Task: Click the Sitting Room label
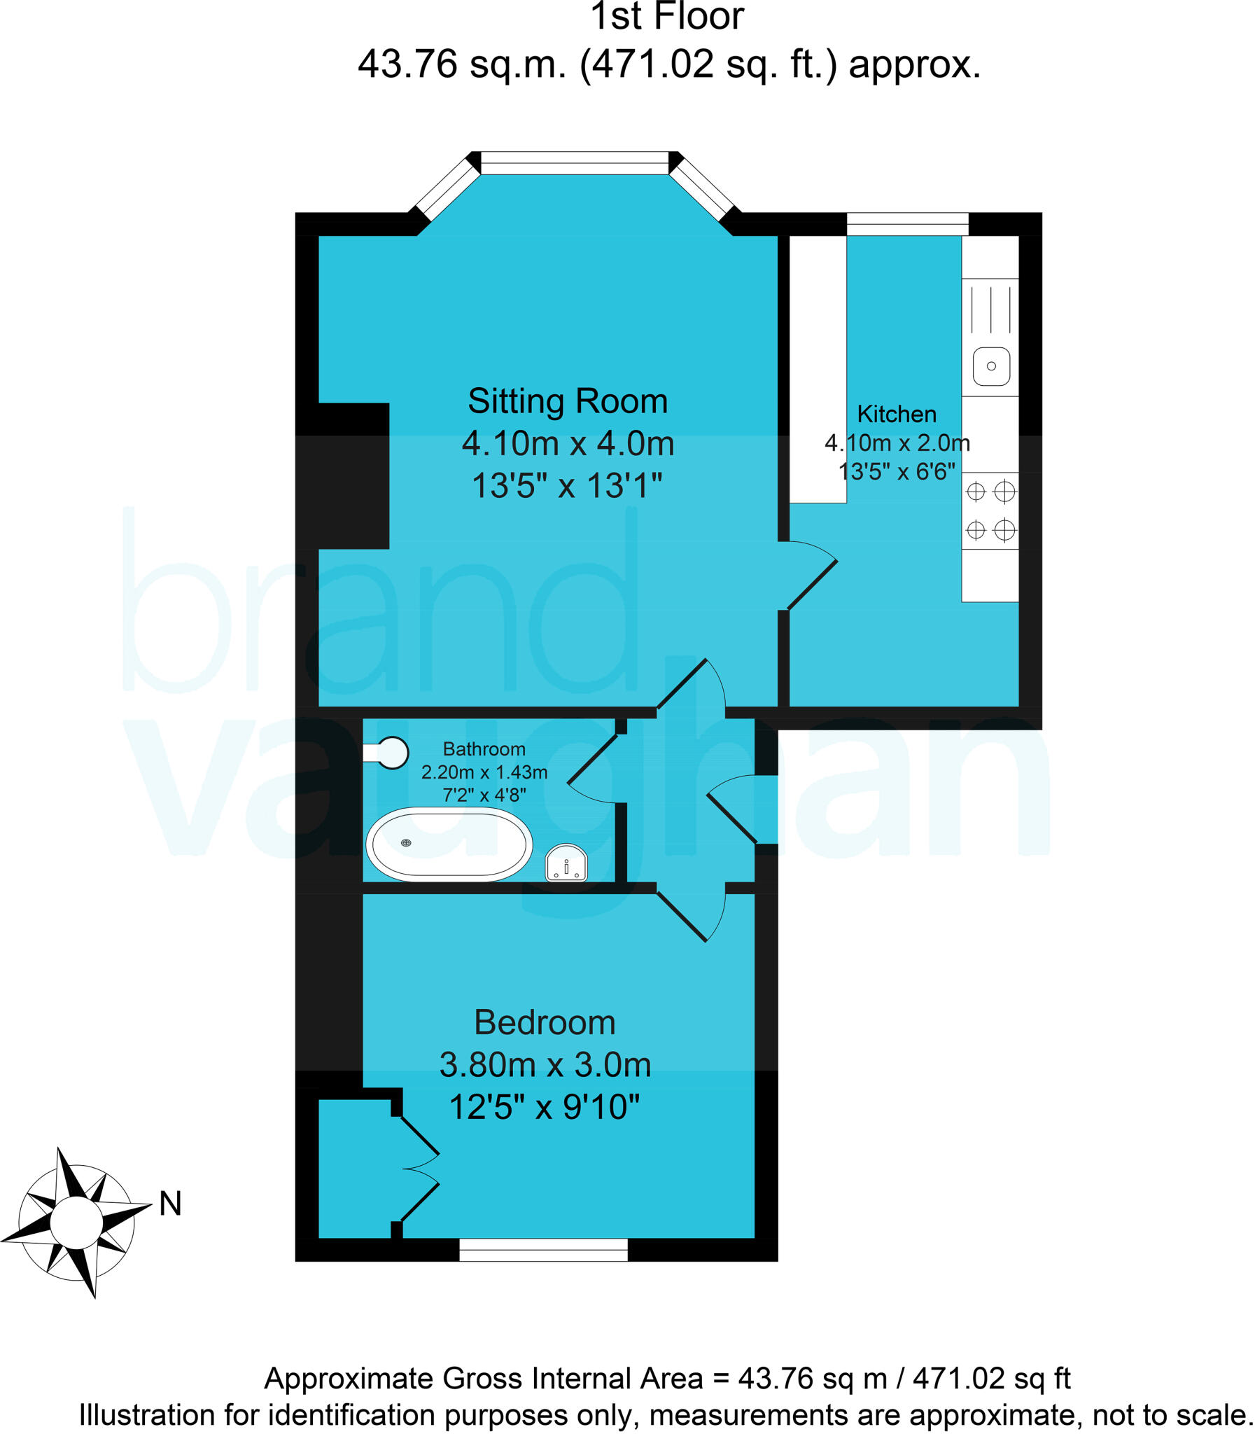coord(567,401)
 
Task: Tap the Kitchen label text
coord(897,414)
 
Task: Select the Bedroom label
coord(545,1022)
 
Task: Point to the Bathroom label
coord(484,749)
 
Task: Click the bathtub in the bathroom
coord(449,844)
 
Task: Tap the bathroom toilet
coord(387,753)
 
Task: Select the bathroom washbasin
coord(566,863)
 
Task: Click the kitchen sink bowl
coord(991,366)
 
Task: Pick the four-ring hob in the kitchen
coord(990,510)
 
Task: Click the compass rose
coord(76,1223)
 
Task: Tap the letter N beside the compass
coord(170,1204)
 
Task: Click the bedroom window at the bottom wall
coord(543,1249)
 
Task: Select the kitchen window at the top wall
coord(907,224)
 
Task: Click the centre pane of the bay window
coord(574,162)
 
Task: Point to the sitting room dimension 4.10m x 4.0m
coord(567,443)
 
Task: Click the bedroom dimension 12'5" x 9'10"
coord(544,1108)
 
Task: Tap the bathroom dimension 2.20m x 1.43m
coord(484,772)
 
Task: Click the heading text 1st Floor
coord(667,17)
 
